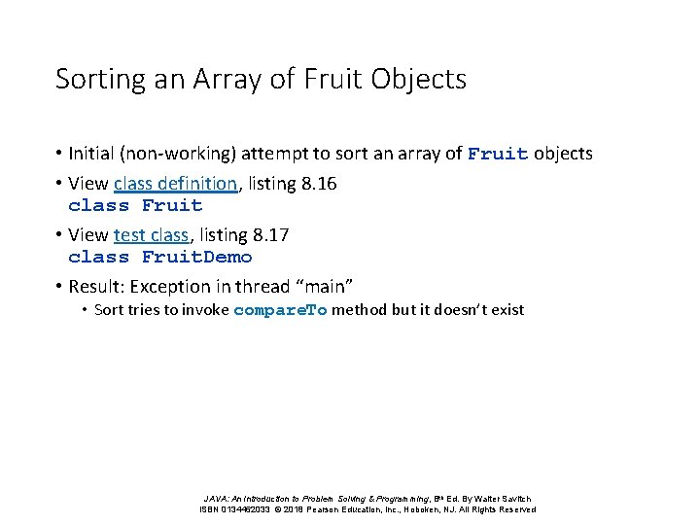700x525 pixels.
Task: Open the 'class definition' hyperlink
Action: click(175, 183)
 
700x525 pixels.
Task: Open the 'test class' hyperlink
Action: click(151, 234)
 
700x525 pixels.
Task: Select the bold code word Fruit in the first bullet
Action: click(499, 154)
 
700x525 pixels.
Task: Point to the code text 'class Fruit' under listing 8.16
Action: click(135, 205)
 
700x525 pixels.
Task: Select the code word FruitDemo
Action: click(196, 257)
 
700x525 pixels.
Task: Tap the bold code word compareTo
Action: click(280, 310)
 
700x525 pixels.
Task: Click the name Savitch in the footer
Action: click(515, 499)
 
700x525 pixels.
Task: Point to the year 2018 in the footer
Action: click(296, 509)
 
